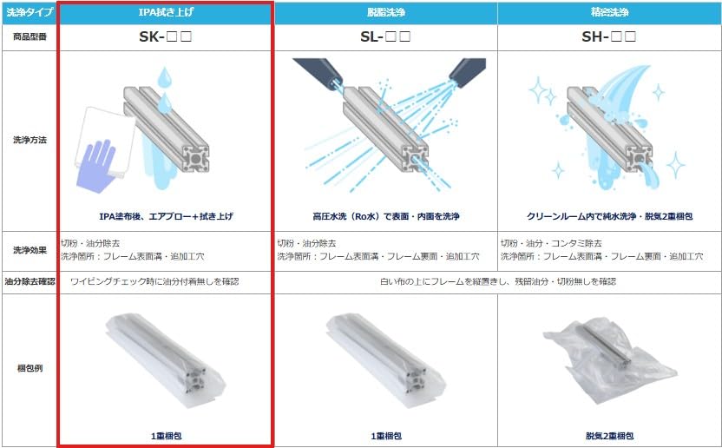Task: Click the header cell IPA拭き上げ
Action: tap(166, 12)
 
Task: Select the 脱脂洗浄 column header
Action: tap(385, 12)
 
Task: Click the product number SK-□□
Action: tap(166, 36)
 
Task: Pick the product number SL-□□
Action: tap(385, 36)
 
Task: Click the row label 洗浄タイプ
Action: tap(29, 12)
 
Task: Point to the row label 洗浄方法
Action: tap(29, 140)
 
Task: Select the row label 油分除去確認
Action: tap(29, 281)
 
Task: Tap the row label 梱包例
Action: tap(29, 368)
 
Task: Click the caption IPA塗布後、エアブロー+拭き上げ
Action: tap(166, 215)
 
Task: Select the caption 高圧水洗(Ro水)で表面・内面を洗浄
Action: tap(385, 215)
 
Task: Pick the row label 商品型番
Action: tap(29, 36)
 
